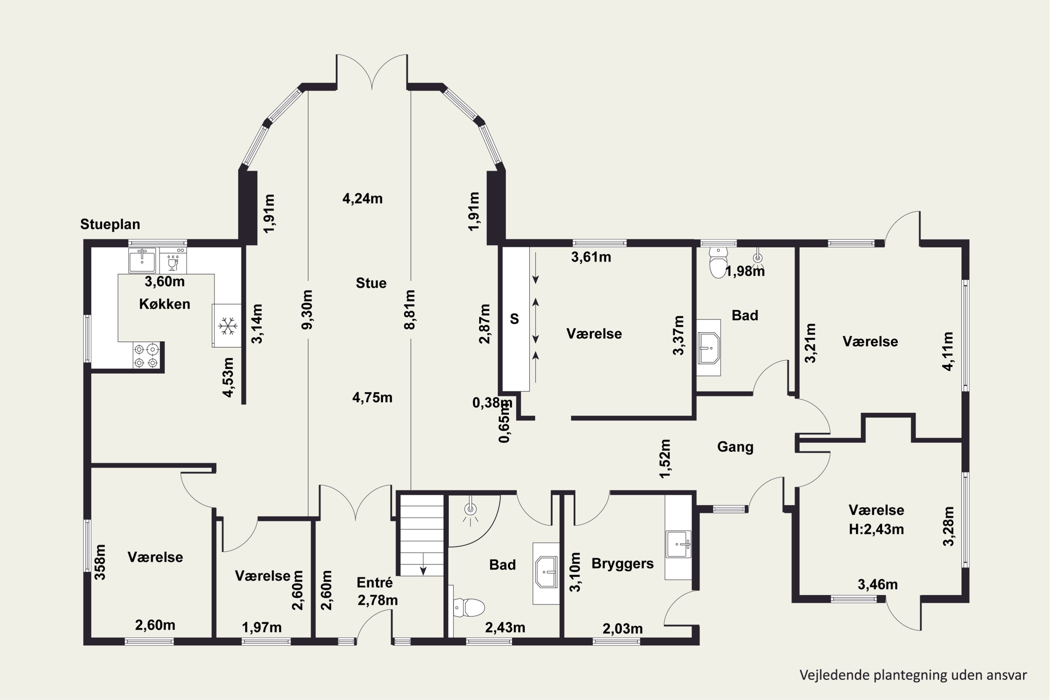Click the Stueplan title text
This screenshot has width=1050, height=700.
point(110,224)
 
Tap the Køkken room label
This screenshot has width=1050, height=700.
point(165,304)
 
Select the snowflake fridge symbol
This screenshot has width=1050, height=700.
point(228,326)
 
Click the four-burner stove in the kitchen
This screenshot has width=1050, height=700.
point(146,355)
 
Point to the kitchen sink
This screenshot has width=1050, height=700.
point(142,260)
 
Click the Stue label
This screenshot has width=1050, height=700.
point(371,283)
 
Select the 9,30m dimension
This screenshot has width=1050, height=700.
point(307,309)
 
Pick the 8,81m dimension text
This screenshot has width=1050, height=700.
point(409,309)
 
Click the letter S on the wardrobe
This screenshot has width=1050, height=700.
point(514,319)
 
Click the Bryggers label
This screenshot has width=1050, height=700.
point(622,564)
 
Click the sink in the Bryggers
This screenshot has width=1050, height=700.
point(678,544)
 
